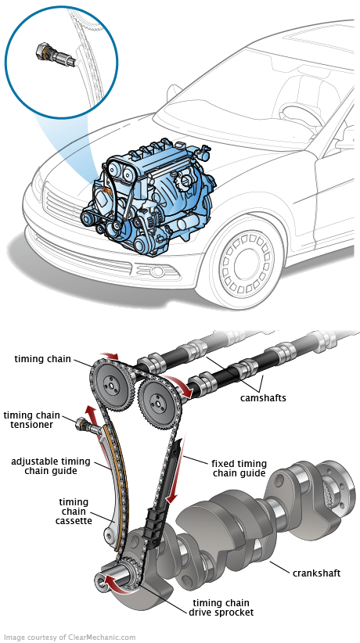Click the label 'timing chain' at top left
tap(43, 360)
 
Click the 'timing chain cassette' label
tap(74, 512)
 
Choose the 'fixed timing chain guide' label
tap(239, 469)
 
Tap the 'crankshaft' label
tap(316, 573)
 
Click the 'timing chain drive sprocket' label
tap(221, 608)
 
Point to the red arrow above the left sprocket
tap(110, 356)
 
